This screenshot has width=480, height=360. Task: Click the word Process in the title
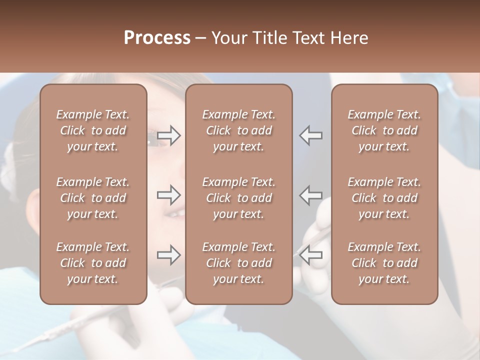[157, 38]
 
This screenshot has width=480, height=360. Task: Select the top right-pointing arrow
[169, 135]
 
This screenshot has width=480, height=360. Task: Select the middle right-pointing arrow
[169, 195]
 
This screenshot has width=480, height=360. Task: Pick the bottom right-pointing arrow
[169, 255]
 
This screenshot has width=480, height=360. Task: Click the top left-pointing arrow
[310, 135]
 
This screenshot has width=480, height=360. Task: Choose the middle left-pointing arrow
[310, 195]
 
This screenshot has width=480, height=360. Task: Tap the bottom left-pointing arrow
[310, 255]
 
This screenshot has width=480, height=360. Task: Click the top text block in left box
[93, 130]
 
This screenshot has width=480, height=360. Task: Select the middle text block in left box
[93, 198]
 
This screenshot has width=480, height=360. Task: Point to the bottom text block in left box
[93, 263]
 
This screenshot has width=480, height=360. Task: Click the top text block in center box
[238, 130]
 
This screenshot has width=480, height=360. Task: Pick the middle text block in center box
[238, 198]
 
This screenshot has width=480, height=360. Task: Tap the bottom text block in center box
[238, 263]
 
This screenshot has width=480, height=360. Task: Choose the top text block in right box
[384, 130]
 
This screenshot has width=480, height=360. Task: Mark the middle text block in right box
[384, 198]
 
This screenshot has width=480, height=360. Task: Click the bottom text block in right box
[384, 263]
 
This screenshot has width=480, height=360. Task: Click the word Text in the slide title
[308, 38]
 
